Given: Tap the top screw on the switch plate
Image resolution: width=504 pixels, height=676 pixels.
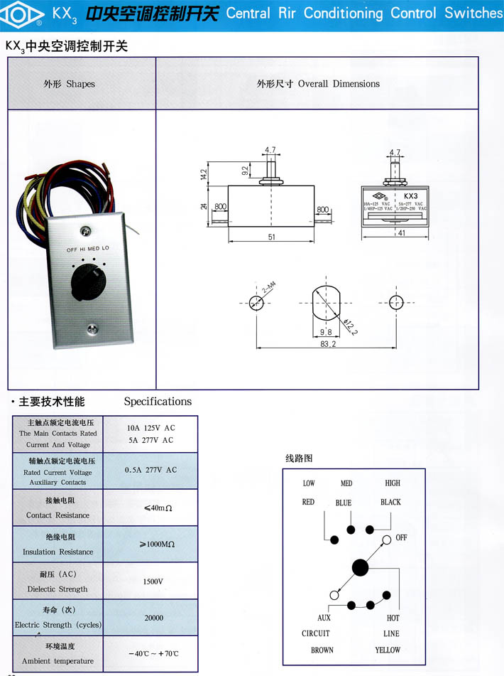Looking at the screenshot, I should [86, 230].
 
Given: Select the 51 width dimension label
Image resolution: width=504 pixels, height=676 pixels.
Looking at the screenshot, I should [272, 237].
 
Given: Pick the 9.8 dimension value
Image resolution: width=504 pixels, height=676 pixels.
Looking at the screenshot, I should [326, 332].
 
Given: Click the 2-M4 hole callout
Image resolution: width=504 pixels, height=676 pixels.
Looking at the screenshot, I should [269, 288].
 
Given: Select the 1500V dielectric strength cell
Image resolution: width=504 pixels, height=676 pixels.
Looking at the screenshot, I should [153, 581].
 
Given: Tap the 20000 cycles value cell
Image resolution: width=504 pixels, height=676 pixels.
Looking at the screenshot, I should [153, 618].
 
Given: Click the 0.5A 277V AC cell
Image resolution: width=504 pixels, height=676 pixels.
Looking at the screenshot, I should [150, 470].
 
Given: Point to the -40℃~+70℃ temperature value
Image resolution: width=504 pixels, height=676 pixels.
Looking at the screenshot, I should [153, 654].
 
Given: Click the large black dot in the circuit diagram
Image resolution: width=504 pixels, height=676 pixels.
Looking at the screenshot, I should [361, 568].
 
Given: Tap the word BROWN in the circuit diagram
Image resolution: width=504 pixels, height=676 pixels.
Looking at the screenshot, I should [322, 650].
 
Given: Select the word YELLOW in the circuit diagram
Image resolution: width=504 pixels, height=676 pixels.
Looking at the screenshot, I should [388, 650].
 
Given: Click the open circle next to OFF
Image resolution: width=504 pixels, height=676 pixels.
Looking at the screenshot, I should [386, 540].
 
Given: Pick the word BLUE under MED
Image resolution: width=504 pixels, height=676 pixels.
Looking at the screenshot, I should [344, 503].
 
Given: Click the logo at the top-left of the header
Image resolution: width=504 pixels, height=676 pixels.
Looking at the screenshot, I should [24, 14].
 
